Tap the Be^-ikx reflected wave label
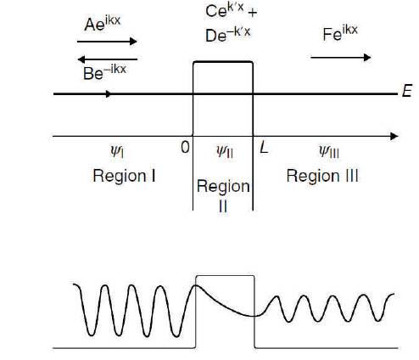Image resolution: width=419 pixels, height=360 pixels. click(104, 72)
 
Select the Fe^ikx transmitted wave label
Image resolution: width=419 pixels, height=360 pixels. click(340, 33)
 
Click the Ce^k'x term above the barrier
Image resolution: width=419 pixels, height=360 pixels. click(225, 10)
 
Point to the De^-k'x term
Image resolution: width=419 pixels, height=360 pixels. click(228, 35)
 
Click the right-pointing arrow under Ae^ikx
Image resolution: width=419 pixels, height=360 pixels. click(107, 42)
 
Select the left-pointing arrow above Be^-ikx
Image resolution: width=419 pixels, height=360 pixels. click(108, 59)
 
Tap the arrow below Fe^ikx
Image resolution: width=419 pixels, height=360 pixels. click(341, 58)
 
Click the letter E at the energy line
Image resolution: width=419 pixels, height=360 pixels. click(407, 91)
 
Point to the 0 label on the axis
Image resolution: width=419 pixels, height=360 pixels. click(185, 147)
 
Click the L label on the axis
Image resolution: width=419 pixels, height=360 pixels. click(264, 148)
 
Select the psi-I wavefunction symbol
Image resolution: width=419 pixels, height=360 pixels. click(117, 151)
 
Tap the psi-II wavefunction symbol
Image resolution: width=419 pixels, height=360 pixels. click(225, 151)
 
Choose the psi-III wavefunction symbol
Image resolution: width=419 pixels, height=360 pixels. click(329, 151)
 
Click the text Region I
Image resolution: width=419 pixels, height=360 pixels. click(124, 176)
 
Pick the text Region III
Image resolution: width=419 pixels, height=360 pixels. click(322, 176)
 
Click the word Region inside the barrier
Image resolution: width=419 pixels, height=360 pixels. click(223, 187)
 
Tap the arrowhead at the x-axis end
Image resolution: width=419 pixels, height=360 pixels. click(394, 137)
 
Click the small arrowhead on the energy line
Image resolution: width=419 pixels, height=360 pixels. click(109, 93)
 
